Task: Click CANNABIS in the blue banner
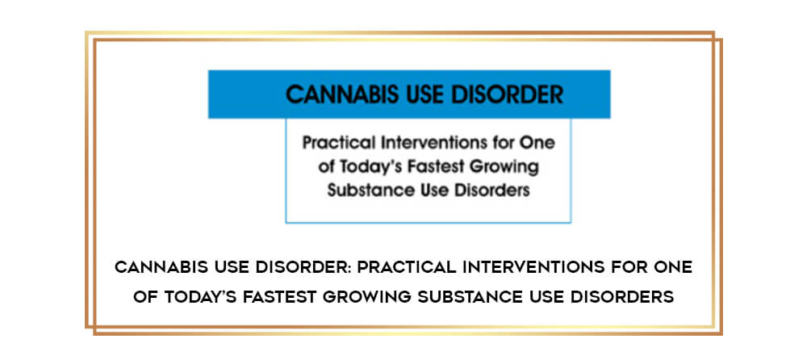tap(342, 95)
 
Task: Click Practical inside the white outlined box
tap(336, 143)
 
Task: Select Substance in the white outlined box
tap(365, 190)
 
